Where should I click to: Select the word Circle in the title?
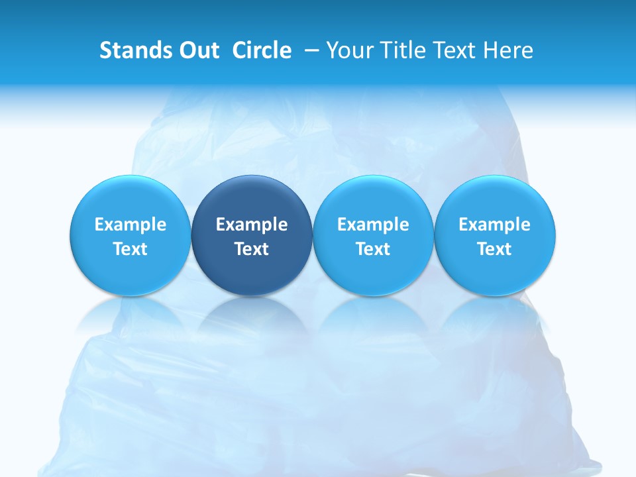coord(262,50)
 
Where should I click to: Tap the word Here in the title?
coord(507,50)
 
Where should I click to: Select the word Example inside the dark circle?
coord(252,225)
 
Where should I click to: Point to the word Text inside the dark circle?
coord(252,249)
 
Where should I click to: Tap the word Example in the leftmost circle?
coord(131,225)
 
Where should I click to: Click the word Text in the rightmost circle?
coord(495,249)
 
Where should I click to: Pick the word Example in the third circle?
coord(373,225)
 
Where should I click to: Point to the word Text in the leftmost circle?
coord(131,249)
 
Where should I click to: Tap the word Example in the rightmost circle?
coord(495,225)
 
